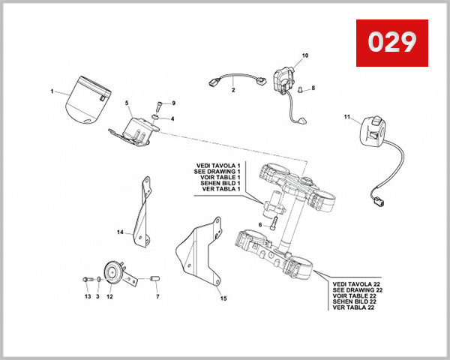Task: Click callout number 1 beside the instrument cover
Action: [x=52, y=92]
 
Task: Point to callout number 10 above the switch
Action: [x=305, y=56]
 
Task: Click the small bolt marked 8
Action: [x=301, y=89]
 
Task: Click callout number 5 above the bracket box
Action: [x=127, y=102]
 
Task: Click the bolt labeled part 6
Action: [x=273, y=223]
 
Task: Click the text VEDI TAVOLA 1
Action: [x=217, y=165]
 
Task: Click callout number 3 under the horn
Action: [x=97, y=297]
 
